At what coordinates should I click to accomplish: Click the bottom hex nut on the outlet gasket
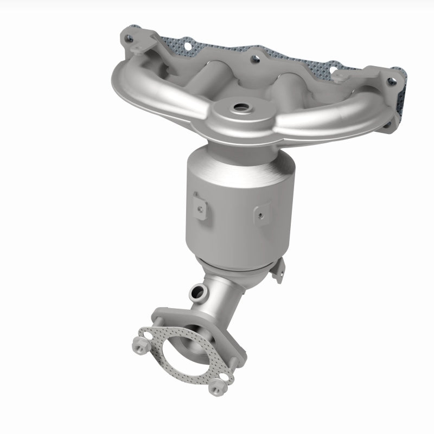[x=216, y=387]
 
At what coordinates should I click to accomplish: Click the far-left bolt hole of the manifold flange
[x=129, y=39]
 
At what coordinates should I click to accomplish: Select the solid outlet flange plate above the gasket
[x=163, y=318]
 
